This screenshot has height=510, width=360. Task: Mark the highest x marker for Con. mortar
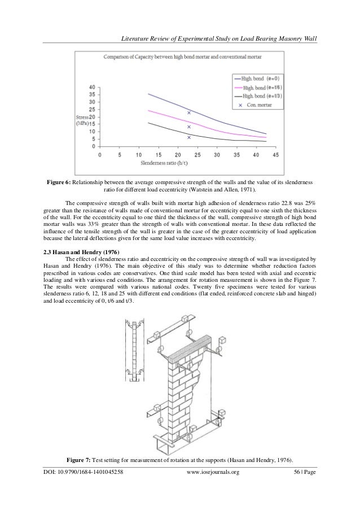[x=189, y=113]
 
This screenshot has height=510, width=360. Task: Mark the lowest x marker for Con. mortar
[x=189, y=137]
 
